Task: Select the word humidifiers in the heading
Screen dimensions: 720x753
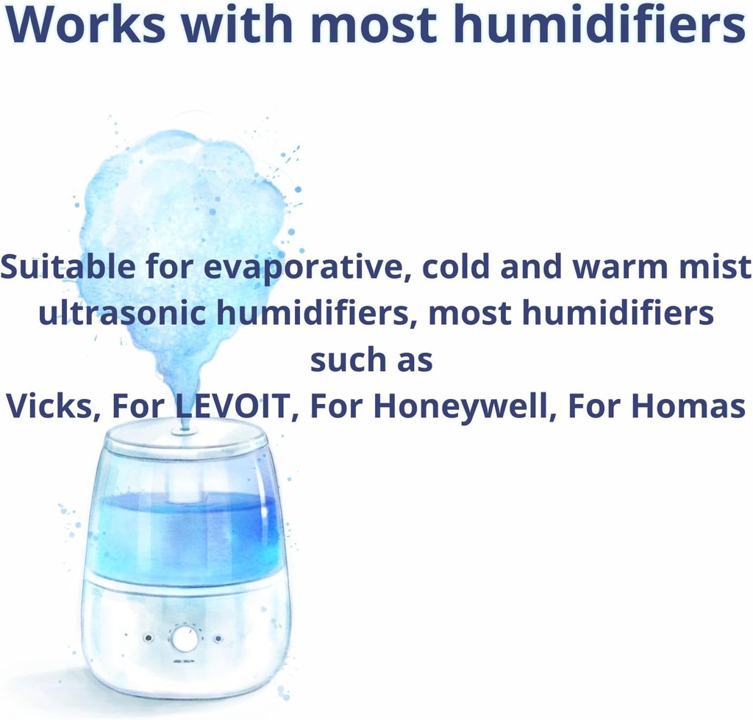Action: (610, 25)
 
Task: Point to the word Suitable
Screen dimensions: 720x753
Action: (68, 267)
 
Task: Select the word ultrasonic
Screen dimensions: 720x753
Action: (122, 314)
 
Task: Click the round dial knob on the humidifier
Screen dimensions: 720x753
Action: (184, 638)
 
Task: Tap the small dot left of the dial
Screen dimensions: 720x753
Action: (149, 638)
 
